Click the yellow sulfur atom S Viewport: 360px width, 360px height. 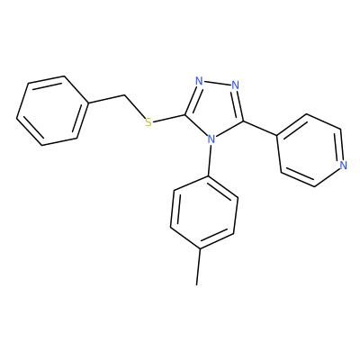(148, 122)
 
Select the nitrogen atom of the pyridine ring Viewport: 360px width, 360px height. (344, 165)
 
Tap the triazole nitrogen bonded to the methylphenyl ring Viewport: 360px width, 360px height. (211, 139)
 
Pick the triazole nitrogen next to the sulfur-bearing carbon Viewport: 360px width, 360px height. (199, 81)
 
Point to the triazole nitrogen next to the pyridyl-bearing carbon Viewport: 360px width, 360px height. (236, 85)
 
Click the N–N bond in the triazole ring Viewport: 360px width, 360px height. (217, 83)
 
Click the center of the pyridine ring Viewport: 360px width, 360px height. (310, 150)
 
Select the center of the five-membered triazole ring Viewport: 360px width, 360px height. (215, 109)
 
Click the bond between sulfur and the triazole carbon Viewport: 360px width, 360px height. (168, 119)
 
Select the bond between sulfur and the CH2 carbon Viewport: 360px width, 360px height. (135, 107)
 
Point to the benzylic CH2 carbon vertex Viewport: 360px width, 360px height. (124, 95)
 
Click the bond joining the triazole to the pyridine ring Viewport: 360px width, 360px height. (260, 129)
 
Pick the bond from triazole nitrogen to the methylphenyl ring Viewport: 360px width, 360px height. (210, 160)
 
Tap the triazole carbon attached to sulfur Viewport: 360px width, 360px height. (185, 114)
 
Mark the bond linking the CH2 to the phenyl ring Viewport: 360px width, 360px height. (106, 100)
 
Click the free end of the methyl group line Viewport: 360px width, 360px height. (197, 284)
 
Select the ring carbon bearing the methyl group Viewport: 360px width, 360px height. (200, 248)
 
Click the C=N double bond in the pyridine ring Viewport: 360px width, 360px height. (341, 145)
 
